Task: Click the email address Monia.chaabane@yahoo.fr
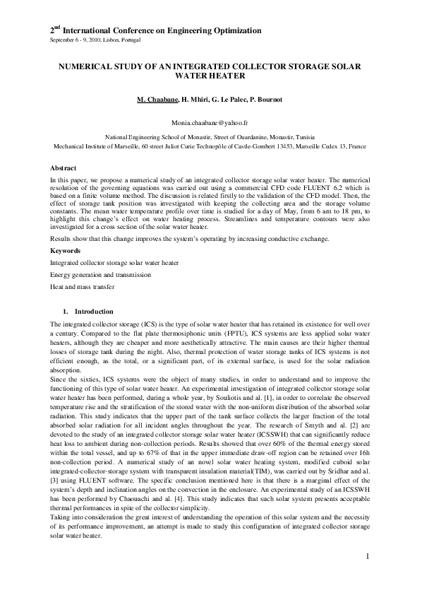tap(210, 122)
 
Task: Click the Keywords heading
tap(65, 251)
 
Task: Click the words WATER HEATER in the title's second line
tap(210, 75)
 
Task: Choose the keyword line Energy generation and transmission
tap(97, 274)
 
